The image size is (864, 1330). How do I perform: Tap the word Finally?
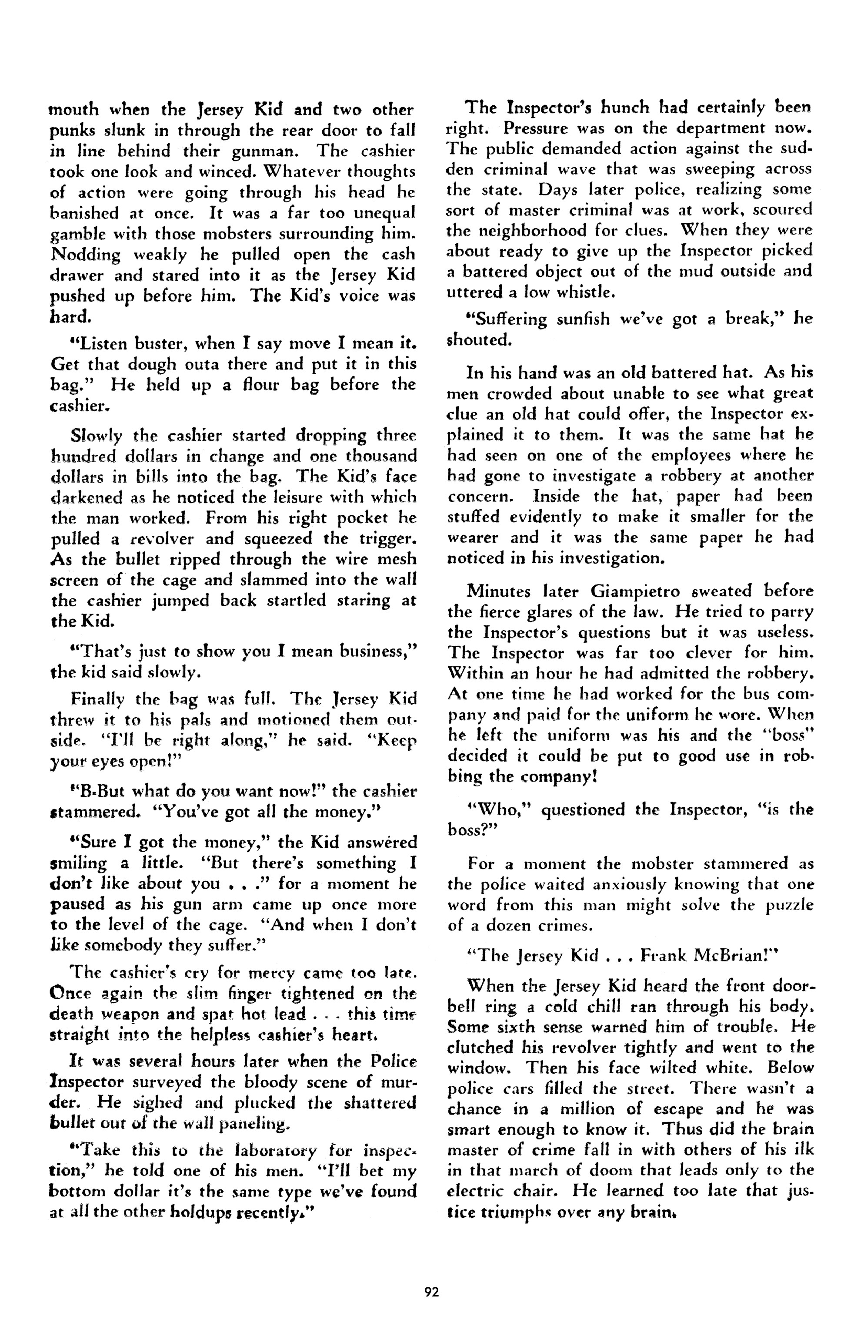[99, 699]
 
